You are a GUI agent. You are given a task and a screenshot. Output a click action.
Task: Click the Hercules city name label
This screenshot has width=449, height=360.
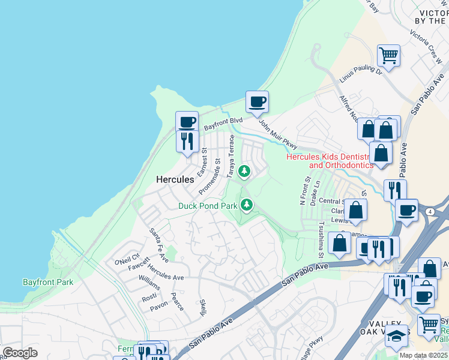(175, 179)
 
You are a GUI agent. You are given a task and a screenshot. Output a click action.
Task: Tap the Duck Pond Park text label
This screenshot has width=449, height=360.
(208, 206)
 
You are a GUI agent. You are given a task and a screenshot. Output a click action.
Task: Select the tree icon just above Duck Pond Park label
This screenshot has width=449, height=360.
(246, 206)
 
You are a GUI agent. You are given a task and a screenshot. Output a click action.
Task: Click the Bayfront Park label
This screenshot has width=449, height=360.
(47, 281)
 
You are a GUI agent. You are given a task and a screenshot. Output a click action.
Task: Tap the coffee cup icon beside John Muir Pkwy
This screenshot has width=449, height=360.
(257, 102)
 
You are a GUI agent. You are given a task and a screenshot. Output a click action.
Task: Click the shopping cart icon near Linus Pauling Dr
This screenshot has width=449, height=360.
(389, 56)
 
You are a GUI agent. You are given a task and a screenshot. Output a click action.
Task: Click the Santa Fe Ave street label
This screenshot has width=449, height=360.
(161, 239)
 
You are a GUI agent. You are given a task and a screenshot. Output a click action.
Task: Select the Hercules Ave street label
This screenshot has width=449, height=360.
(166, 273)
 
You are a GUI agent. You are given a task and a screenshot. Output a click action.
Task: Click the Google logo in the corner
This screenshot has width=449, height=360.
(20, 353)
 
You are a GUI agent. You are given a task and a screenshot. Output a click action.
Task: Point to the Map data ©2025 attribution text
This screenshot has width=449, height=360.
(423, 355)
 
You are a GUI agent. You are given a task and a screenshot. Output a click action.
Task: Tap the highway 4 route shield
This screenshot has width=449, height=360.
(431, 211)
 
